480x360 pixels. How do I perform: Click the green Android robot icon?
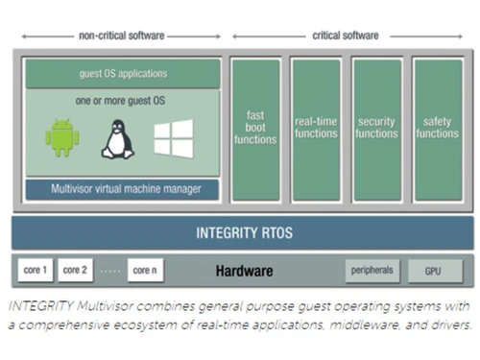(x=62, y=138)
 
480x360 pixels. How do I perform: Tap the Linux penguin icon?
(x=117, y=139)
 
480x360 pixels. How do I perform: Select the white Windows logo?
(x=174, y=138)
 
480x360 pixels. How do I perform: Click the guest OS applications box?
(x=123, y=73)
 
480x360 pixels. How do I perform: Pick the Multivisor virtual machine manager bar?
(x=123, y=189)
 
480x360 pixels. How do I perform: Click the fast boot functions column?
(x=254, y=129)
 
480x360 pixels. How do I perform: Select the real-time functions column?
(x=316, y=129)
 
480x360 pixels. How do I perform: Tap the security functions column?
(x=376, y=129)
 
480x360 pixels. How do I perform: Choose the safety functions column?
(x=438, y=129)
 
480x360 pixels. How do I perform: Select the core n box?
(x=145, y=271)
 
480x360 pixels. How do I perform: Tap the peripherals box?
(x=372, y=271)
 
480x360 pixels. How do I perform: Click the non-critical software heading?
(x=122, y=36)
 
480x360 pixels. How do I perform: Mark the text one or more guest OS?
(x=123, y=99)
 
